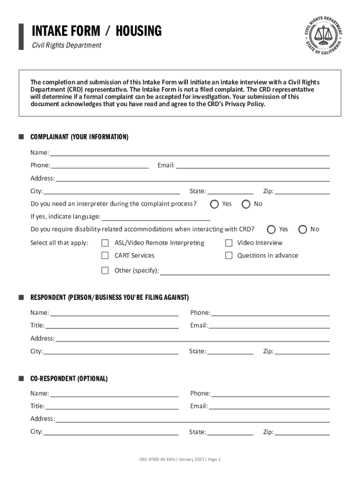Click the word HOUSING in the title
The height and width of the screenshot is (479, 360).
138,31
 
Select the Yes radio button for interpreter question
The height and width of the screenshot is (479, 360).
214,204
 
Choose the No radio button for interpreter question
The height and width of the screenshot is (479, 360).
246,204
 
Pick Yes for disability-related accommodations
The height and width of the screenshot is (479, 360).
271,229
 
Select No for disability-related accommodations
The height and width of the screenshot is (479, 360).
302,229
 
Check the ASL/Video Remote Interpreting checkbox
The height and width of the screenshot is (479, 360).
105,243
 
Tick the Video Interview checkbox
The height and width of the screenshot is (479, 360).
229,243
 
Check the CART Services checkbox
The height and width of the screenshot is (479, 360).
105,255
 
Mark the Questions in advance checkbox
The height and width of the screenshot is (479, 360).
229,255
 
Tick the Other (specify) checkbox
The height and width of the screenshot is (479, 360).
105,270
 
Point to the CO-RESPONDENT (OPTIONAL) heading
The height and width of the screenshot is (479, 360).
69,378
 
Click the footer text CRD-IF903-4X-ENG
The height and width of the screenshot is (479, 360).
155,459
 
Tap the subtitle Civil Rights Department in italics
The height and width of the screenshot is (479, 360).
66,45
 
